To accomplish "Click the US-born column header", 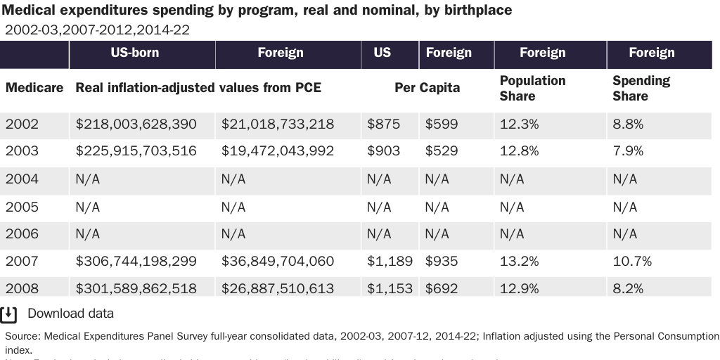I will click(134, 53).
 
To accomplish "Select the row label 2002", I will click(22, 124).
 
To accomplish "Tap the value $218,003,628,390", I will click(136, 124).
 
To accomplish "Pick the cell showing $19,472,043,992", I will click(277, 151).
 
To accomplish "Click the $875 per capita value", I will click(383, 124).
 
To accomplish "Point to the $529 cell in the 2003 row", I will click(441, 151).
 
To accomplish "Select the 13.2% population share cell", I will click(519, 262).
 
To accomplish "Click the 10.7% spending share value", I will click(631, 262).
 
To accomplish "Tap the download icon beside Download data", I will click(8, 314).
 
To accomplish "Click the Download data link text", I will click(70, 314).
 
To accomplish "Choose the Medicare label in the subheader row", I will click(34, 88).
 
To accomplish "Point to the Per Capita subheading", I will click(427, 88).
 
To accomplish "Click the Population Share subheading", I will click(532, 88).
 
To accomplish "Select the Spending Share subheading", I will click(641, 88).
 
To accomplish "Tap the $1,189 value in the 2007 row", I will click(390, 262).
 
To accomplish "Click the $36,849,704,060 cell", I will click(277, 262).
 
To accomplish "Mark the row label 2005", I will click(22, 207).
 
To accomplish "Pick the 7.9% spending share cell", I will click(628, 151).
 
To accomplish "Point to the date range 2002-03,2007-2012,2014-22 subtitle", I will click(97, 30).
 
